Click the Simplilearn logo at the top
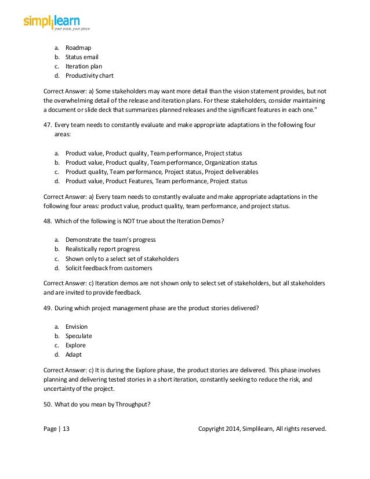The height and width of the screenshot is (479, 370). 56,22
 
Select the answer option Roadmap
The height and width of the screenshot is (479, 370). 78,48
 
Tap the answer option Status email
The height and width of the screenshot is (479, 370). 82,57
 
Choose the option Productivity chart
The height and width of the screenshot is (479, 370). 89,75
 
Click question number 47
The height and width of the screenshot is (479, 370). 48,125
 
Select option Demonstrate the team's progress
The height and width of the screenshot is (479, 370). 110,239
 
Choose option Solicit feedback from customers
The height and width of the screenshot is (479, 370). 108,268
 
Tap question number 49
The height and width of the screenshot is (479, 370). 48,308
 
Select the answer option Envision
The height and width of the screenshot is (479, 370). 77,326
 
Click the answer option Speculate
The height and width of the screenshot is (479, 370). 78,336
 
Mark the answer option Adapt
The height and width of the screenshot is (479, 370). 74,354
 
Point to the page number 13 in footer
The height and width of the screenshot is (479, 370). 66,429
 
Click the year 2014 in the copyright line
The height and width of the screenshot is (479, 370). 234,429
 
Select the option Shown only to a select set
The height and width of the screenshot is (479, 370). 122,259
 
